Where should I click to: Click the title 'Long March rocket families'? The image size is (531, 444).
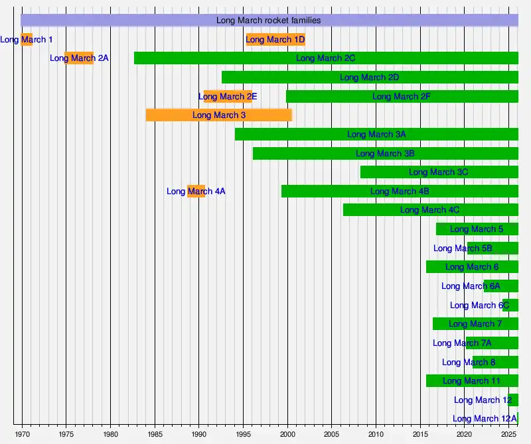268,21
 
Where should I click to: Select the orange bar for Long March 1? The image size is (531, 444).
27,40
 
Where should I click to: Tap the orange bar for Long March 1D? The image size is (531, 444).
275,40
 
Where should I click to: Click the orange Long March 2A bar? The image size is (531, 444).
79,58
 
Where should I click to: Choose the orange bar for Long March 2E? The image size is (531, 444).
228,97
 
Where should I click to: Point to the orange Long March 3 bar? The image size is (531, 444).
219,115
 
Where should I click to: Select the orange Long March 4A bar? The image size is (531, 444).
196,192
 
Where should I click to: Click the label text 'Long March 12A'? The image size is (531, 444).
485,419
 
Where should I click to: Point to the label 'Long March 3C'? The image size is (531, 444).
438,172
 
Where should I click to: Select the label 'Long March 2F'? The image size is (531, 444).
402,97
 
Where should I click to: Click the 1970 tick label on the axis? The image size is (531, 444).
22,435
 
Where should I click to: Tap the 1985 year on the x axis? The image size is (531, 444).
155,435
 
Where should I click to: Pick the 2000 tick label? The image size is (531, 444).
287,435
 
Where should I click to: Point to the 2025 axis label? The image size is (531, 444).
508,435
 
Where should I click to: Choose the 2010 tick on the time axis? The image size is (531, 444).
376,435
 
